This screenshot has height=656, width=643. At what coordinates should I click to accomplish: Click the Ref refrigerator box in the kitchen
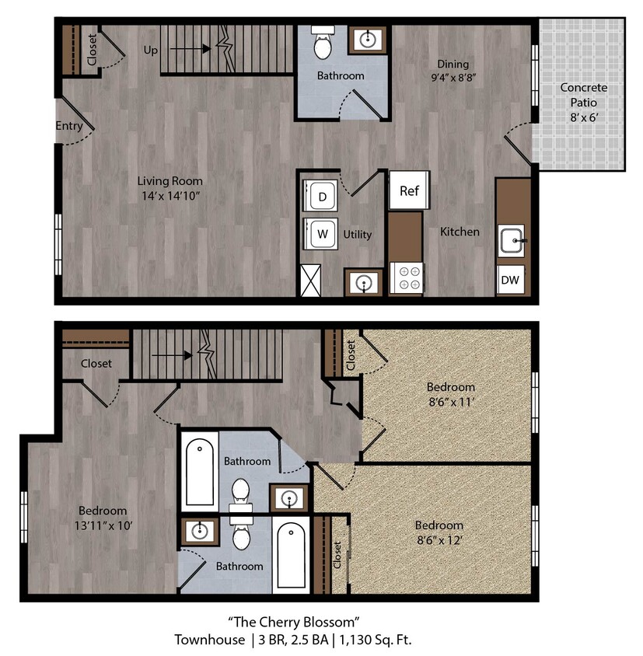[x=409, y=190]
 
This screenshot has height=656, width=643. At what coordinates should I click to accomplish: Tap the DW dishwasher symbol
[x=510, y=279]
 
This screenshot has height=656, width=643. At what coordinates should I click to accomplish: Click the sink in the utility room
[x=363, y=282]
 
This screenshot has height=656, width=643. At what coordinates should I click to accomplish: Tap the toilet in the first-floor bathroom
[x=322, y=44]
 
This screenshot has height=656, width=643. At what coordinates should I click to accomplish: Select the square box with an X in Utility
[x=312, y=280]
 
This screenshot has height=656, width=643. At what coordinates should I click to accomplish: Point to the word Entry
[x=69, y=126]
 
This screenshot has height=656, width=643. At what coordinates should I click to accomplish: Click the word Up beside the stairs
[x=152, y=49]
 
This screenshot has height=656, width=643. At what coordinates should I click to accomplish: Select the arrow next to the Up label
[x=190, y=49]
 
